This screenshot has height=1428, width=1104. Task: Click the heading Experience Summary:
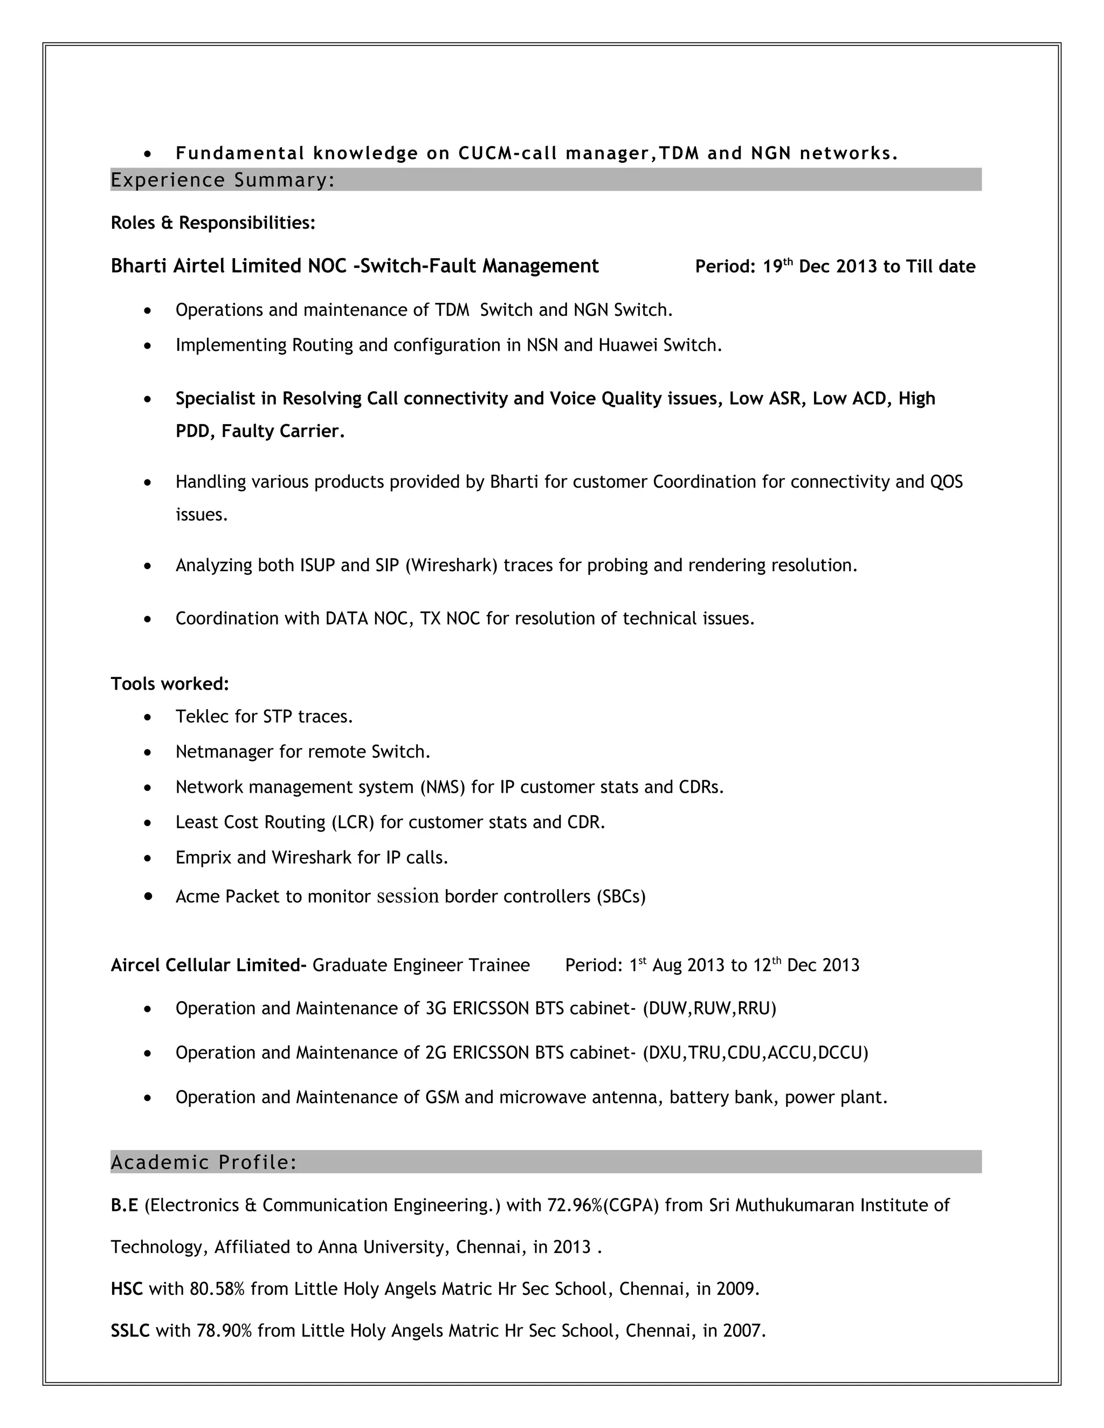[223, 180]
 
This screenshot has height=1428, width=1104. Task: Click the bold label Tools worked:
[169, 684]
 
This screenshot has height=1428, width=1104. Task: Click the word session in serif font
[408, 897]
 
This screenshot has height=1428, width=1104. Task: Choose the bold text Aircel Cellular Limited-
[209, 966]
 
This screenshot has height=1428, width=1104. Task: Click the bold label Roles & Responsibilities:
[212, 223]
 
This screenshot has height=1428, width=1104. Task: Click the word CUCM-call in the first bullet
[507, 154]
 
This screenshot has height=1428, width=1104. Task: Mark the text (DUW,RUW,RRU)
[709, 1009]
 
